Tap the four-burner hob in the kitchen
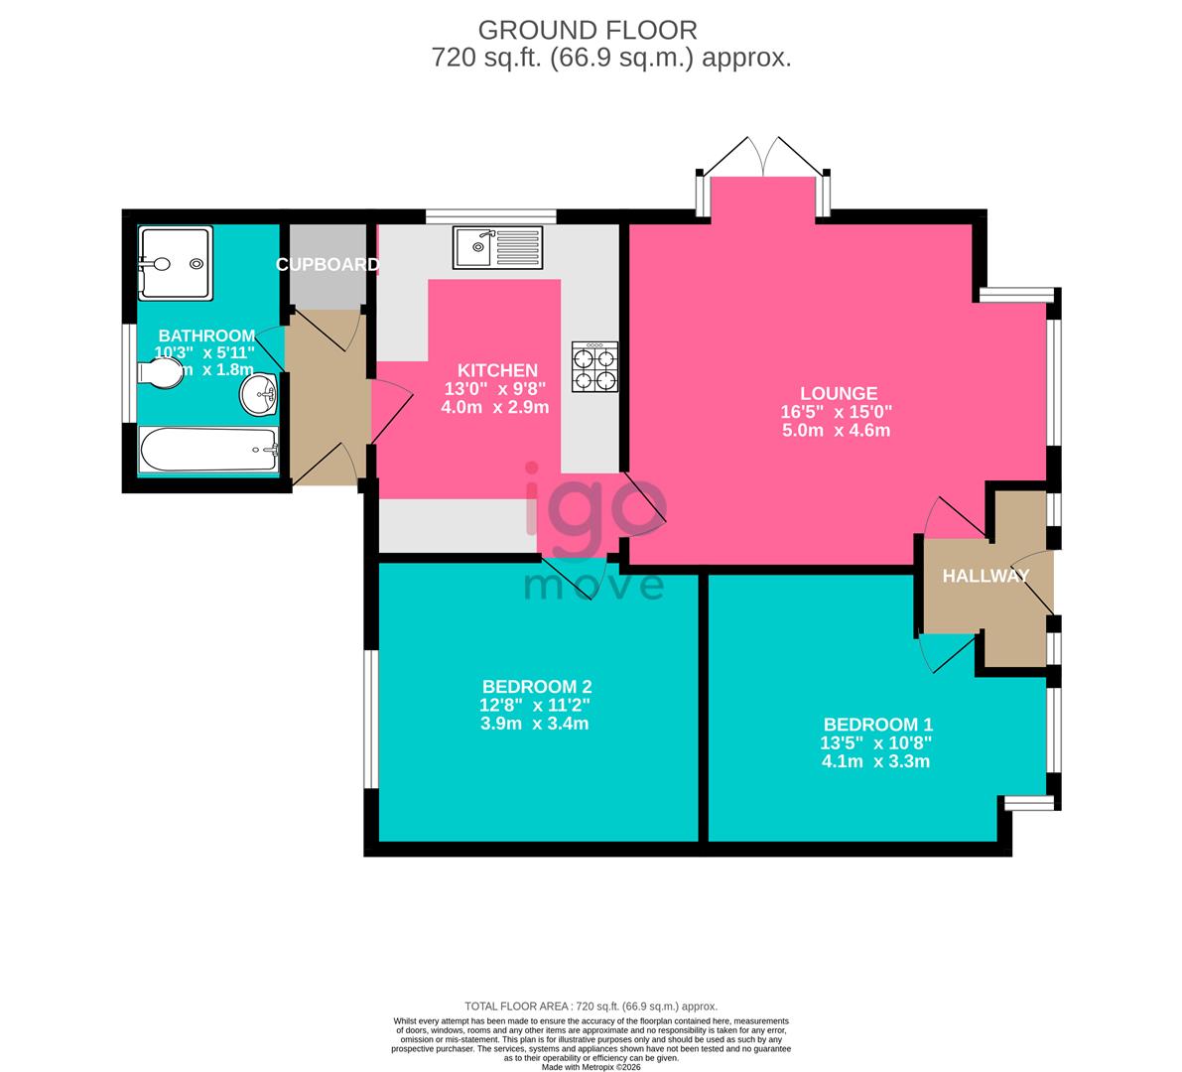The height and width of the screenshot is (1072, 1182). tap(594, 366)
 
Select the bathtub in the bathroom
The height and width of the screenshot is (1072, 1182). tap(208, 451)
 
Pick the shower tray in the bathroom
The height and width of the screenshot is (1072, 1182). tap(176, 263)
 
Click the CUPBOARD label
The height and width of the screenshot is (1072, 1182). tap(327, 265)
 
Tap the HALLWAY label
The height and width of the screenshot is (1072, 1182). tap(985, 576)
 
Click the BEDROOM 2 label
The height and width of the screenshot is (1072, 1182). tap(537, 686)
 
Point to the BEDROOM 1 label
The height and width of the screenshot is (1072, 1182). tap(877, 725)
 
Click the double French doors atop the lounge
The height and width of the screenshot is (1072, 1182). tap(762, 156)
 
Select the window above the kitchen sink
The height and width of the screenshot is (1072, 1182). tap(490, 214)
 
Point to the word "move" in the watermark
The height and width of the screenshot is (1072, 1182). tap(593, 586)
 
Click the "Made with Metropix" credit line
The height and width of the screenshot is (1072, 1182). tap(591, 1067)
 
